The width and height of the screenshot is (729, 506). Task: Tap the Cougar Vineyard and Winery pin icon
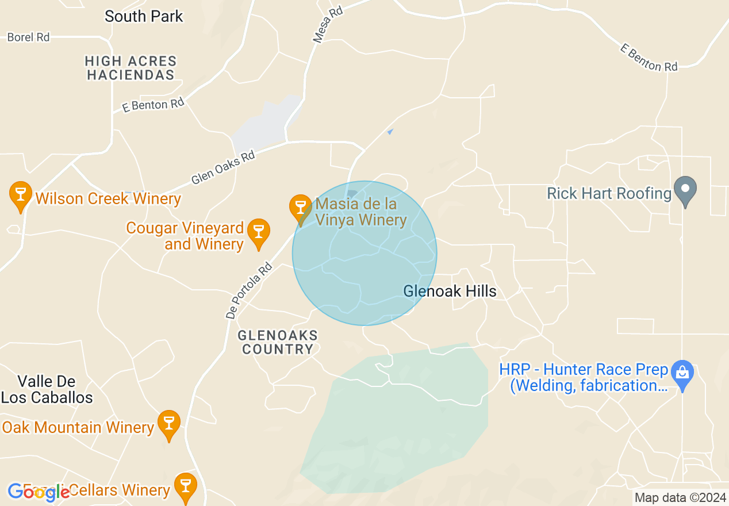[x=258, y=232]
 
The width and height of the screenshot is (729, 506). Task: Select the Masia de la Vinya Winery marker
[x=300, y=208]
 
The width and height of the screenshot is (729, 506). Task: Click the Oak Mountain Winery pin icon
[x=168, y=424]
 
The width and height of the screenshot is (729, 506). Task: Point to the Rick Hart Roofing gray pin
[x=685, y=190]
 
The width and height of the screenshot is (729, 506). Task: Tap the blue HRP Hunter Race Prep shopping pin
[x=682, y=374]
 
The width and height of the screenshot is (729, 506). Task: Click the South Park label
[x=144, y=16]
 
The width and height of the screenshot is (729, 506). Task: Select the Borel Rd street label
[x=28, y=37]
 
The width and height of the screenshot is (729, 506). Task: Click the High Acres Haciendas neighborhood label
[x=131, y=68]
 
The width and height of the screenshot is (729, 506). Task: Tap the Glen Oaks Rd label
[x=223, y=167]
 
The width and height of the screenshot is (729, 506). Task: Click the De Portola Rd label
[x=249, y=291]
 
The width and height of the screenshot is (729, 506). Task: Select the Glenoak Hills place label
[x=450, y=291]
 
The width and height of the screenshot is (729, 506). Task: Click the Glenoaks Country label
[x=278, y=342]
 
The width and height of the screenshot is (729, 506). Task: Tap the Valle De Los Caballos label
[x=47, y=389]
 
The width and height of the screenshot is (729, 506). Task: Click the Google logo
[x=39, y=492]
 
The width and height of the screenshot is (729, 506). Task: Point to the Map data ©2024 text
[x=679, y=497]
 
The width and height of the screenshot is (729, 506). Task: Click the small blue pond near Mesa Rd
[x=390, y=132]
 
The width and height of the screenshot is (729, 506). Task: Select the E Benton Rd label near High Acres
[x=154, y=105]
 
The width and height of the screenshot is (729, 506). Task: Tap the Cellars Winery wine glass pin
[x=185, y=486]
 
